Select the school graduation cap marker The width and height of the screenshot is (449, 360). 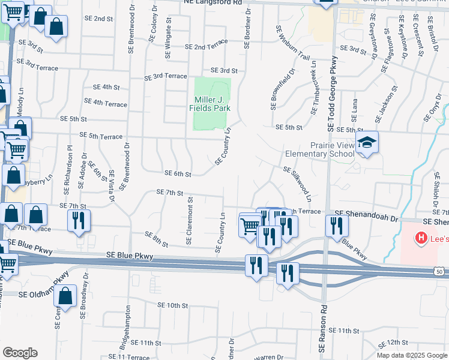click(x=367, y=143)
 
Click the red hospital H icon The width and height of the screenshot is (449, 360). click(x=421, y=238)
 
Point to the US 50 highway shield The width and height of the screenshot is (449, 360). click(x=440, y=272)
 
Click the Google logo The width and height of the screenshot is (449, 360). click(x=20, y=353)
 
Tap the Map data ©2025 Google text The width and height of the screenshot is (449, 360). click(x=412, y=355)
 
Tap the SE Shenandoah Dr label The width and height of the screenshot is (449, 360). click(x=367, y=213)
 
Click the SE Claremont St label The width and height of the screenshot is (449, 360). click(x=189, y=220)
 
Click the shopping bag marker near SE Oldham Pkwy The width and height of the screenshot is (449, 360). click(x=65, y=296)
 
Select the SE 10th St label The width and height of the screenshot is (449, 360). click(x=173, y=306)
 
